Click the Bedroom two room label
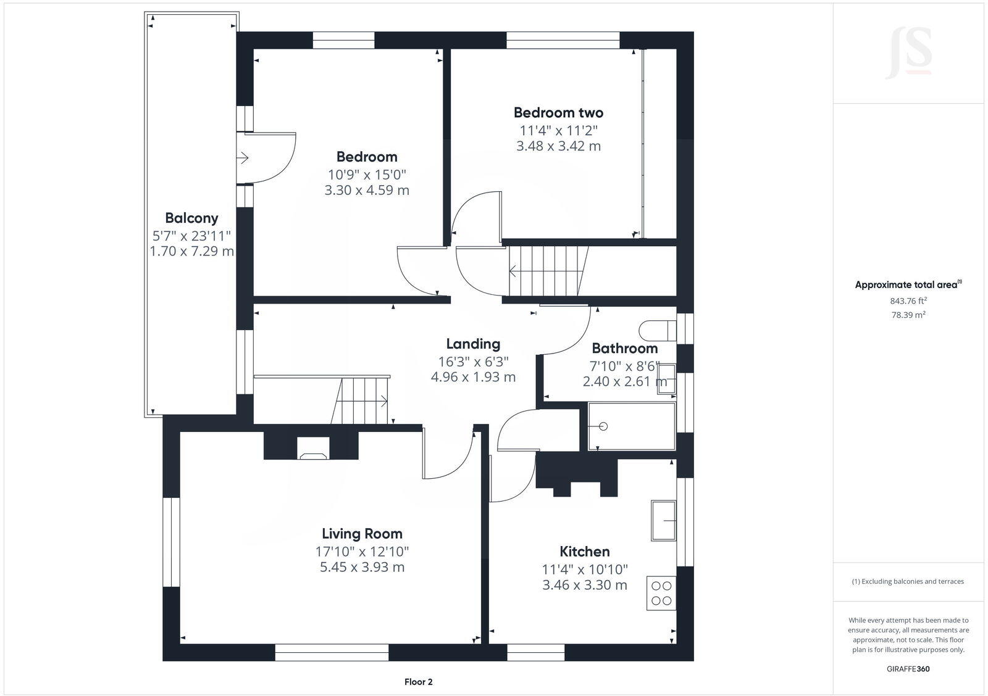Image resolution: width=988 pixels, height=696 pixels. tap(558, 112)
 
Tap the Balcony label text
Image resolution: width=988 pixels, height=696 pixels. tap(191, 218)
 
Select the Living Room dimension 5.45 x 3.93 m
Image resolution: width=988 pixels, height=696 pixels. tap(362, 567)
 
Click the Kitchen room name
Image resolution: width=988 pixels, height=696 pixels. tap(584, 551)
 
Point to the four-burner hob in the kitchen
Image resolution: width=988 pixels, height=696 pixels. tap(661, 593)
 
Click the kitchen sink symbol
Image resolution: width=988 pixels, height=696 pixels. tap(664, 520)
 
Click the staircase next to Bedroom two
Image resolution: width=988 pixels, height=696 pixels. tap(546, 271)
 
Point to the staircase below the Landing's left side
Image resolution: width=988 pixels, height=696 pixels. tap(361, 400)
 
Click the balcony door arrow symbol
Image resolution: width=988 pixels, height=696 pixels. tap(243, 158)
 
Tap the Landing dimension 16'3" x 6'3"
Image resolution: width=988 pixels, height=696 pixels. tap(473, 361)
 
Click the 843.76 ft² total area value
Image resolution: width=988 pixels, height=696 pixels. tap(908, 301)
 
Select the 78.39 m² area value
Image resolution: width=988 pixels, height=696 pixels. tap(908, 315)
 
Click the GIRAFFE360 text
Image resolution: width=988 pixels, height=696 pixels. tap(908, 668)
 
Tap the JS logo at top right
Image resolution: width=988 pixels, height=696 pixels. tap(908, 54)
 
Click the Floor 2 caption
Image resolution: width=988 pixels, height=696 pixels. tap(419, 682)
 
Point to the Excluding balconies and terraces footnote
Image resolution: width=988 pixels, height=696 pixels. tap(908, 581)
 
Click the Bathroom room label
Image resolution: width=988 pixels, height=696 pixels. tap(624, 348)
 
